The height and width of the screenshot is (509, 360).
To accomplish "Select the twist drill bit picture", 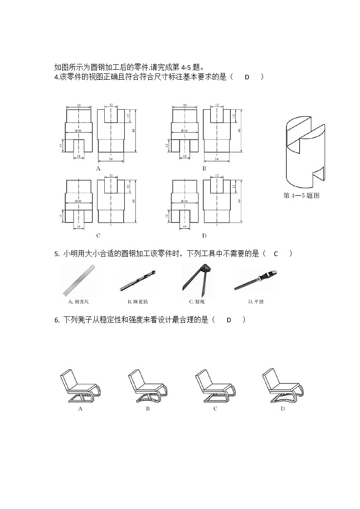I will coord(137,281).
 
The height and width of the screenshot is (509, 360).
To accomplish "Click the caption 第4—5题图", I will coord(301,196).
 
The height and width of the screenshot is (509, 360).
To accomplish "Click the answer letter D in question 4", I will coord(247,77).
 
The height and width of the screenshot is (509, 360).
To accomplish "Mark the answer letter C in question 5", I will coord(275,254).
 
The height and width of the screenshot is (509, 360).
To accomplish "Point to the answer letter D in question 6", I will coord(229,320).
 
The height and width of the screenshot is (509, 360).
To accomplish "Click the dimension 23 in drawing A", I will coord(79,106).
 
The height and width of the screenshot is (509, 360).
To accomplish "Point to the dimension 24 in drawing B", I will coord(216,159).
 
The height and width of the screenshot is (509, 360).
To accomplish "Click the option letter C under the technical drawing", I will coord(98,236).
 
